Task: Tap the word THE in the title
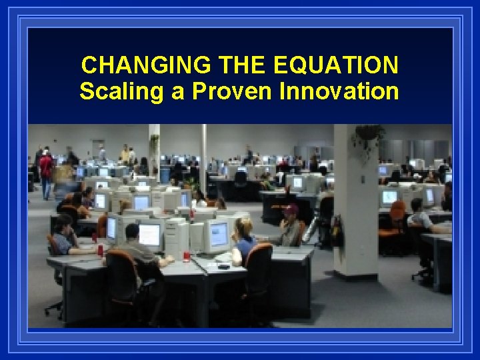(235, 65)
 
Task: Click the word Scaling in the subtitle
(121, 91)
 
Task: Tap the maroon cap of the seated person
(291, 209)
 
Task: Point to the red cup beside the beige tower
(187, 256)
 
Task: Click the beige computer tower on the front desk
(177, 239)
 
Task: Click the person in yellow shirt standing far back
(125, 155)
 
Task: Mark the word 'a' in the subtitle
(177, 92)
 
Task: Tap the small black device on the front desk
(223, 266)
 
